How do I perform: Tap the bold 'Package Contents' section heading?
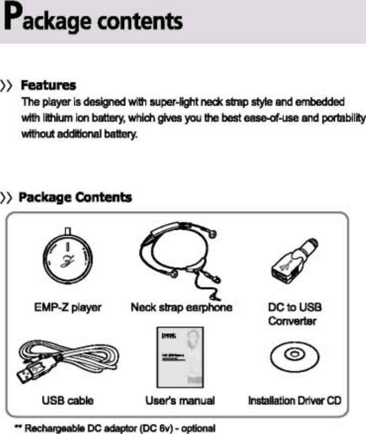(x=75, y=197)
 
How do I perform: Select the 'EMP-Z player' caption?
(x=68, y=308)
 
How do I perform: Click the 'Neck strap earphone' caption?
(x=181, y=308)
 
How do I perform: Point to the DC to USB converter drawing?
(x=293, y=263)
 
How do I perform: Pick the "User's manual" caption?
(x=180, y=400)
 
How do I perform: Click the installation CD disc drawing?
(x=293, y=356)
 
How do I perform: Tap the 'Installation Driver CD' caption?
(x=295, y=400)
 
